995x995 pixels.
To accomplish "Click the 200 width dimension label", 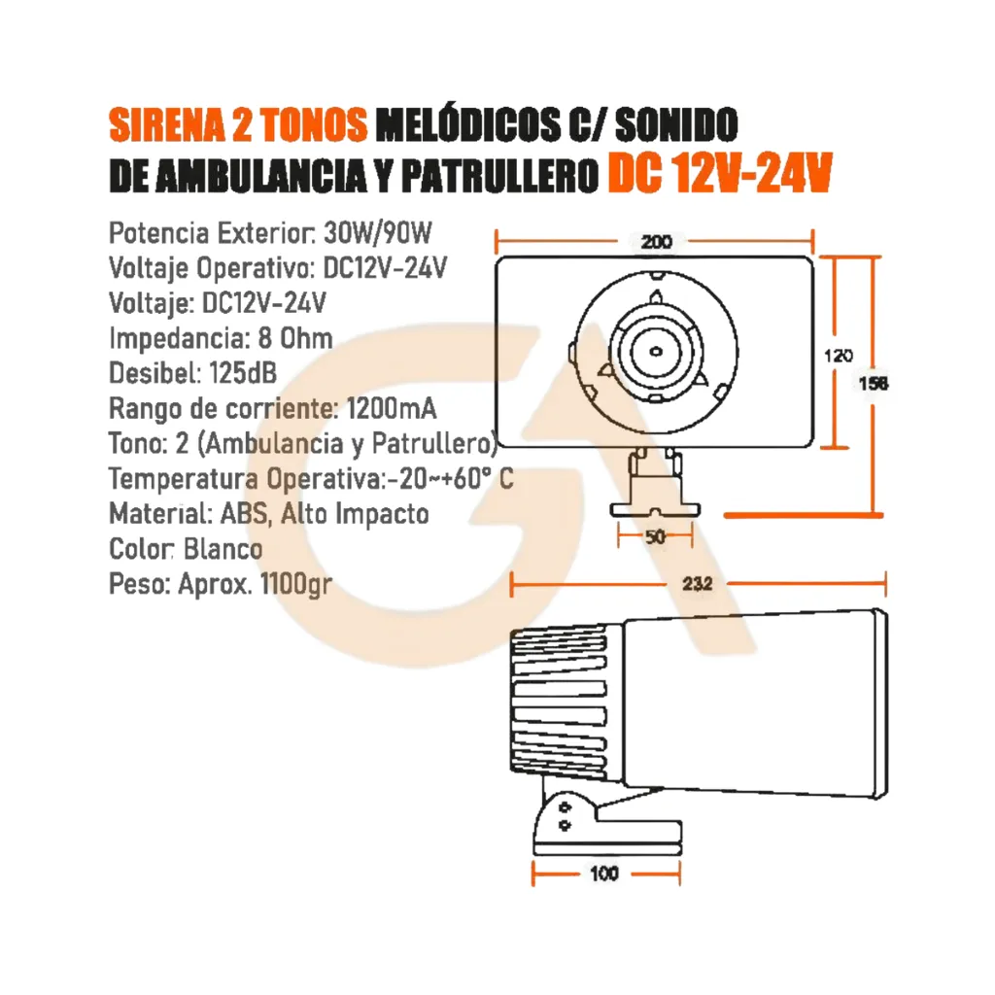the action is point(656,242).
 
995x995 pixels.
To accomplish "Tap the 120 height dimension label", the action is point(839,356).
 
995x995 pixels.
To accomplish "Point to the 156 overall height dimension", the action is point(874,383).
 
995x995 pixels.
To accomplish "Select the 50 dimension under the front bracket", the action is point(655,536).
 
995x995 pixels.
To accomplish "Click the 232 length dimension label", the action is point(698,584).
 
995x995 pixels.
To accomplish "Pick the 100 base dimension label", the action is point(604,874).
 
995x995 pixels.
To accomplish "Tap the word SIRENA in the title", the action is point(167,124).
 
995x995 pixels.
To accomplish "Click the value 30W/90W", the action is point(378,233).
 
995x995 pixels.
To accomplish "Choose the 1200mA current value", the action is point(392,409).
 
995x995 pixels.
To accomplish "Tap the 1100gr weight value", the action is point(295,584).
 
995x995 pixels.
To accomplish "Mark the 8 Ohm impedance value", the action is point(295,338).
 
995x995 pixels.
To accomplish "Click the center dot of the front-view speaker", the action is point(656,352).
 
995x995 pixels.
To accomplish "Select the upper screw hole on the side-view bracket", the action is point(565,807).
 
